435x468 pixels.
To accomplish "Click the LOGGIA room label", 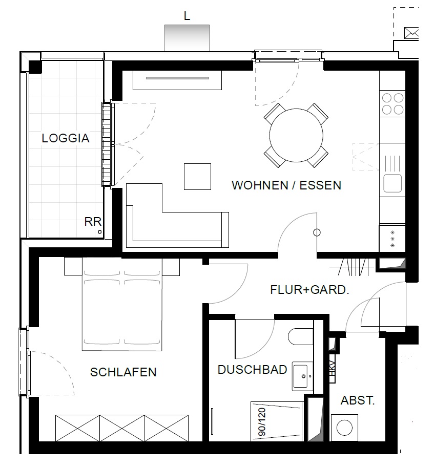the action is (66, 138).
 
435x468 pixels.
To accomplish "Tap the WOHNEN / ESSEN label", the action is (286, 185).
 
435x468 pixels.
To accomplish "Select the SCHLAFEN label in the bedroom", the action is (123, 372).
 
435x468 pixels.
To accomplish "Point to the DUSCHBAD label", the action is (253, 370).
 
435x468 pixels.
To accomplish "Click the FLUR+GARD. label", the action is (310, 290).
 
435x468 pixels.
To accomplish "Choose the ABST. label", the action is (358, 400).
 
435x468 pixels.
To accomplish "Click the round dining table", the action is (296, 136).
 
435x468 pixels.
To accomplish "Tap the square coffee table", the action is (197, 177).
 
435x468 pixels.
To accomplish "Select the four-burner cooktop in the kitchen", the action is (392, 104).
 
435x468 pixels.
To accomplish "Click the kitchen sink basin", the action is (392, 183).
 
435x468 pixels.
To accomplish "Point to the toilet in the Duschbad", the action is (301, 337).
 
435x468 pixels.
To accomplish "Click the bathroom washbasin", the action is (303, 376).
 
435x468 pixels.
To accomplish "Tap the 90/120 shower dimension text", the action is (262, 422).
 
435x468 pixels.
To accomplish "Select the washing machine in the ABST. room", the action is (344, 428).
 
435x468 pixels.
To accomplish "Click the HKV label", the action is (332, 369).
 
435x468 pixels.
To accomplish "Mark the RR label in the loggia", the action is (93, 222).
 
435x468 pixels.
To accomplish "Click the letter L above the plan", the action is (187, 16).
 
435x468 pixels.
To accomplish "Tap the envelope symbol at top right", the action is (411, 33).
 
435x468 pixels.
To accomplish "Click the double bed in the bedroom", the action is (122, 304).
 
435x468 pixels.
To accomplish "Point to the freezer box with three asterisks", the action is (392, 239).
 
